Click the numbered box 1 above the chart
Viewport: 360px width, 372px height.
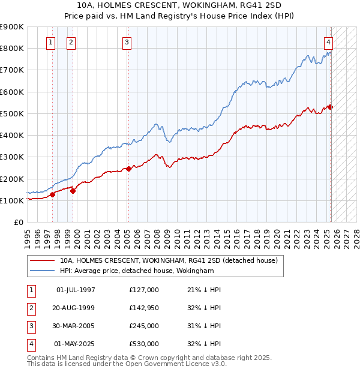tap(50, 42)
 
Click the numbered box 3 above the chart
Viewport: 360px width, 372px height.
tap(127, 42)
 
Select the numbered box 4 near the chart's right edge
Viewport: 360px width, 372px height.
tap(329, 42)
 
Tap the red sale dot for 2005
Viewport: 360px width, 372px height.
tap(128, 169)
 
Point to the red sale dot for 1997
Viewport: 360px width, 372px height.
tap(52, 194)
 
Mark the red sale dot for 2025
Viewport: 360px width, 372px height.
tap(330, 107)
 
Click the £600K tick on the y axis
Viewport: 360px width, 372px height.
tap(12, 92)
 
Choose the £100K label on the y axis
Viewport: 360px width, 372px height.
tap(12, 200)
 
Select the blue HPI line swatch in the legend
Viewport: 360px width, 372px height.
tap(42, 271)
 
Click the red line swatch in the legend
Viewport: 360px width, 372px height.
tap(42, 261)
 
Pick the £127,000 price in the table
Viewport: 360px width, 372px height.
tap(144, 290)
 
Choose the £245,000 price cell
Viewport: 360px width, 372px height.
tap(144, 326)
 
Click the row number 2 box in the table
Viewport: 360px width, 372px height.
tap(31, 308)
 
